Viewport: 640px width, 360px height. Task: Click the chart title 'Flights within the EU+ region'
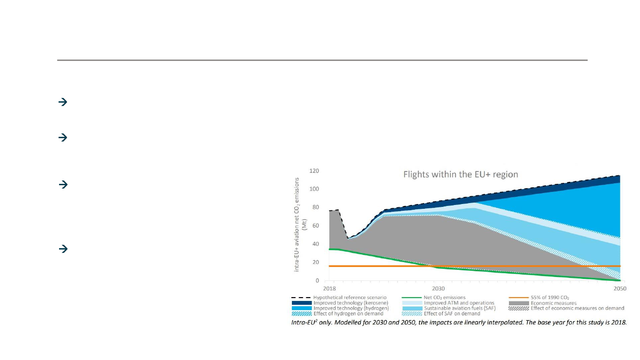[460, 174]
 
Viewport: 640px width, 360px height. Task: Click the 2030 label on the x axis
[438, 289]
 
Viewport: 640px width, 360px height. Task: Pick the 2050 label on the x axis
[620, 289]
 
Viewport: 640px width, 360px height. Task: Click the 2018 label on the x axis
[329, 289]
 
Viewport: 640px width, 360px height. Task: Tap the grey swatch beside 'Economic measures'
[519, 303]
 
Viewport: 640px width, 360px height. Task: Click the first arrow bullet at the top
[62, 102]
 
